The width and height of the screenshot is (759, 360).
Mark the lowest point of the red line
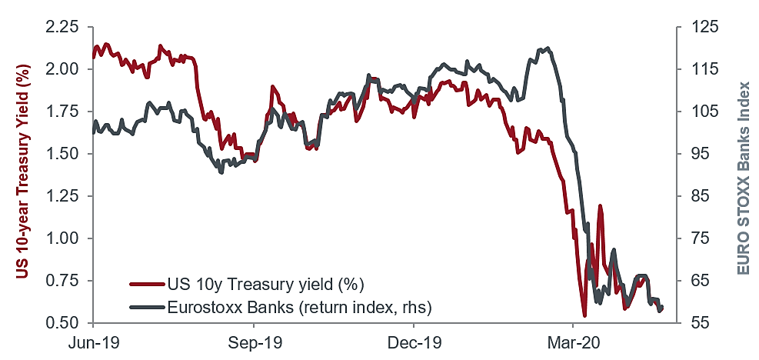point(585,315)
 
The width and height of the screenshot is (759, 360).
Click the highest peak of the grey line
point(546,48)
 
